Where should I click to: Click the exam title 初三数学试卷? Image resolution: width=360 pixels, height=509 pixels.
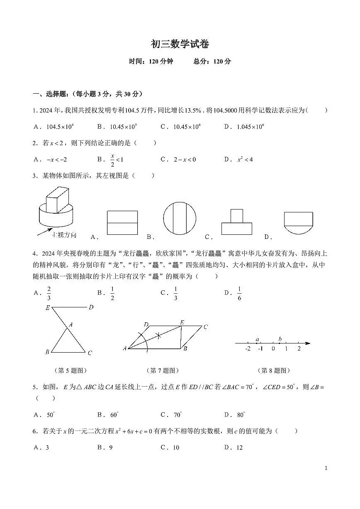pyautogui.click(x=180, y=44)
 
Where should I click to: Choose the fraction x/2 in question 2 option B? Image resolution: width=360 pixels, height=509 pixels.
pyautogui.click(x=112, y=159)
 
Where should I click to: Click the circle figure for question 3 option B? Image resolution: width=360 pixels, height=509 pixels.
pyautogui.click(x=179, y=219)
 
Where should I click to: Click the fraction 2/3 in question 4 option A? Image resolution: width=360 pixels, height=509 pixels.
pyautogui.click(x=49, y=293)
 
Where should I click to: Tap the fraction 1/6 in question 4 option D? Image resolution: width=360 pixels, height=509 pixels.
pyautogui.click(x=239, y=293)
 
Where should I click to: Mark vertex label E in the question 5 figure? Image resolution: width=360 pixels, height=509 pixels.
pyautogui.click(x=48, y=308)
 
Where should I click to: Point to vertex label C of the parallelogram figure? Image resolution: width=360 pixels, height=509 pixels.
pyautogui.click(x=205, y=327)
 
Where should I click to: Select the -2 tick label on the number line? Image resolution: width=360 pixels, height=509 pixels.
pyautogui.click(x=248, y=349)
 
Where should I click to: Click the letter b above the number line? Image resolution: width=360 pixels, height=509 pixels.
pyautogui.click(x=280, y=339)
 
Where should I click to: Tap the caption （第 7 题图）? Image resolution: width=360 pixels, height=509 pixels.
pyautogui.click(x=163, y=370)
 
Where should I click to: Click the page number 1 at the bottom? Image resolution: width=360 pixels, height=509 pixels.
pyautogui.click(x=326, y=468)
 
